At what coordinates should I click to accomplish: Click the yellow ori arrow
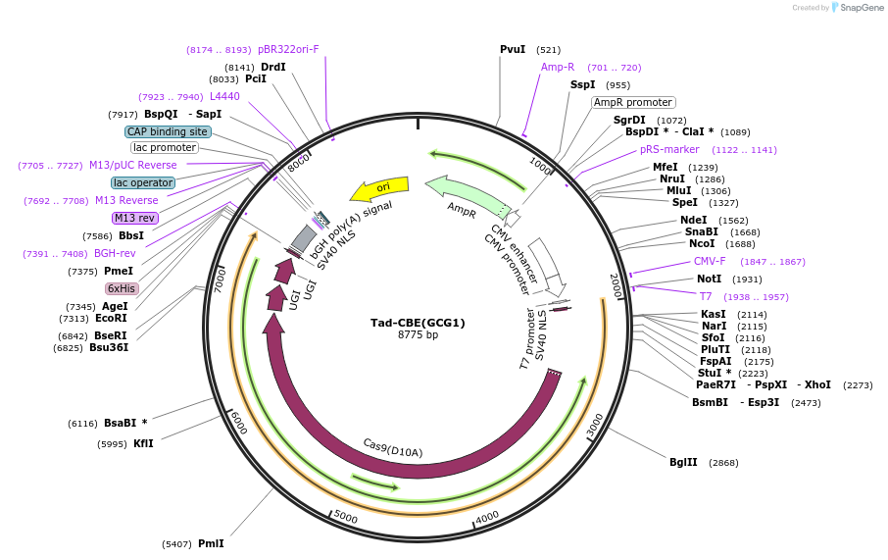[380, 187]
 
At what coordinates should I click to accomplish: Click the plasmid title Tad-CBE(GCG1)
[418, 322]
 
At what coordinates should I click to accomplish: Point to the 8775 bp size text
[418, 335]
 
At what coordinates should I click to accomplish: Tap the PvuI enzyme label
[513, 49]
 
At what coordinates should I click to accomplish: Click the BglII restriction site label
[683, 462]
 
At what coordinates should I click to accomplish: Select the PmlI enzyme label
[211, 543]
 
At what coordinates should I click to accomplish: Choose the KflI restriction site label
[143, 443]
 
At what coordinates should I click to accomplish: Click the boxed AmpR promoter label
[633, 102]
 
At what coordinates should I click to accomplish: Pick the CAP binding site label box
[168, 131]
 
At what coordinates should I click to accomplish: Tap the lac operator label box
[143, 182]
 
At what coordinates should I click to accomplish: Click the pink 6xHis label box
[122, 288]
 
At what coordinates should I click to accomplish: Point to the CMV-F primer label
[710, 262]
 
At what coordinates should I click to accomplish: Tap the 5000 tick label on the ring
[346, 515]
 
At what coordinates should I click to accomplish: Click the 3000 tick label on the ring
[595, 425]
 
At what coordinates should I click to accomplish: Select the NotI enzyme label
[709, 279]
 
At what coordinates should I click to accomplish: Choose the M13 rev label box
[134, 218]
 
